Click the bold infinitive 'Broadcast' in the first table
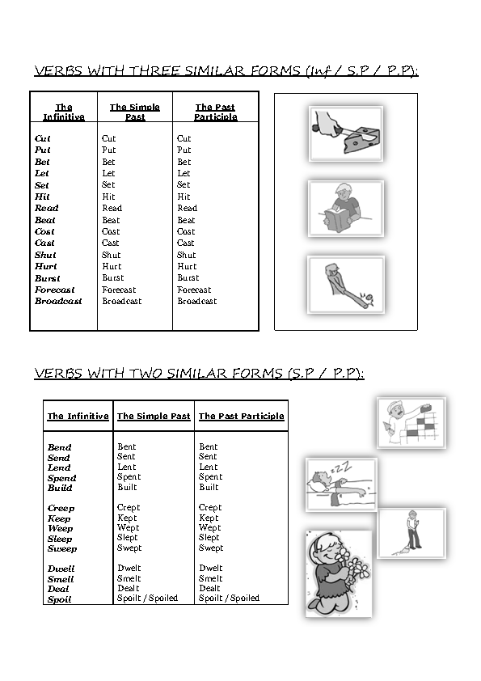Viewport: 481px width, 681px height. point(58,301)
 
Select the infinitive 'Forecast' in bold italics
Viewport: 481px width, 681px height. point(54,290)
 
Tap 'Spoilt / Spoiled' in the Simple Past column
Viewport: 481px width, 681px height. point(147,599)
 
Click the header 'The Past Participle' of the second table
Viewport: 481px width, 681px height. point(241,417)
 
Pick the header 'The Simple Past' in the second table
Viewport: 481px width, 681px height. point(154,417)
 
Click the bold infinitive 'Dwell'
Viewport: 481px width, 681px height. point(60,569)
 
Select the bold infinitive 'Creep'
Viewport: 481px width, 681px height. point(61,509)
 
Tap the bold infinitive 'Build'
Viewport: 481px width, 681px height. point(60,489)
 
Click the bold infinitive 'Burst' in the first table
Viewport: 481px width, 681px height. point(47,278)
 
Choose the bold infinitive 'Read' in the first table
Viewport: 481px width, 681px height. point(46,208)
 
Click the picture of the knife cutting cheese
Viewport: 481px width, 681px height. point(345,133)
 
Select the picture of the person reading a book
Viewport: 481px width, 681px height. point(345,209)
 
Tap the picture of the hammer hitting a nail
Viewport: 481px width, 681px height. point(345,285)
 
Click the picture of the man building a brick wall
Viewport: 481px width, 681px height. point(411,422)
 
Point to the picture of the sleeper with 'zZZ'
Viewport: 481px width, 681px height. point(341,484)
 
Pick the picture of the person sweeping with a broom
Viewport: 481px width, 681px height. point(411,533)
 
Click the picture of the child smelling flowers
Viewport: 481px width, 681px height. point(339,573)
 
